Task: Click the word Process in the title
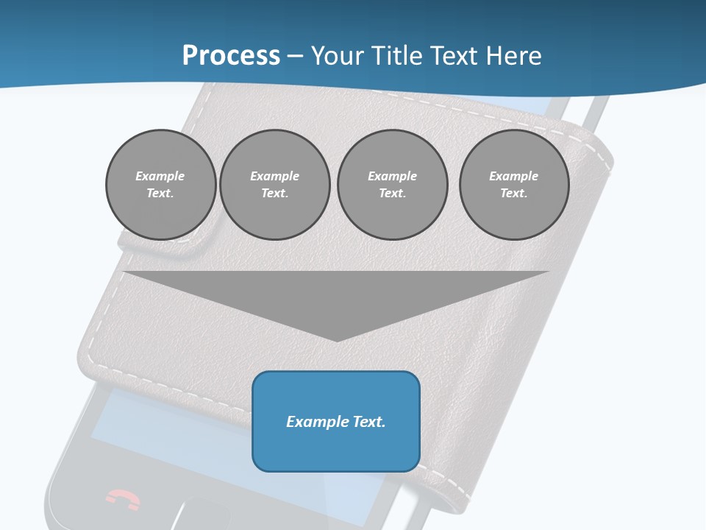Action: click(231, 56)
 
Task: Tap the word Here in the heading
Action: click(515, 56)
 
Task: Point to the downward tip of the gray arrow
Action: click(337, 339)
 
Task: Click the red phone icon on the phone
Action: click(123, 498)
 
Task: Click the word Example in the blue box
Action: click(315, 422)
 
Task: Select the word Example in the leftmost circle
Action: click(160, 176)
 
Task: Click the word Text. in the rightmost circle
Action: click(514, 193)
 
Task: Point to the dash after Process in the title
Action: click(295, 57)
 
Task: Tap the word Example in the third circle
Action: click(392, 176)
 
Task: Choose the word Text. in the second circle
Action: click(274, 193)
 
